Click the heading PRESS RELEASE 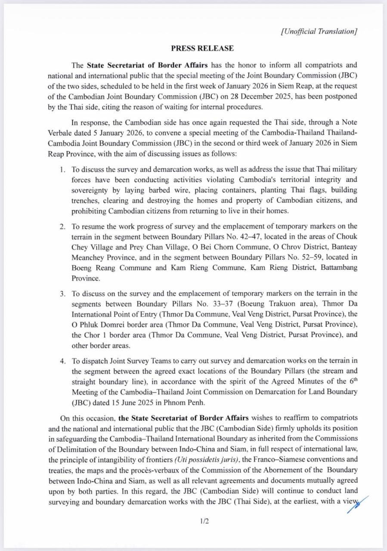202,48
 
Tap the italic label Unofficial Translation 319,31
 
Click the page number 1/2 204,522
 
